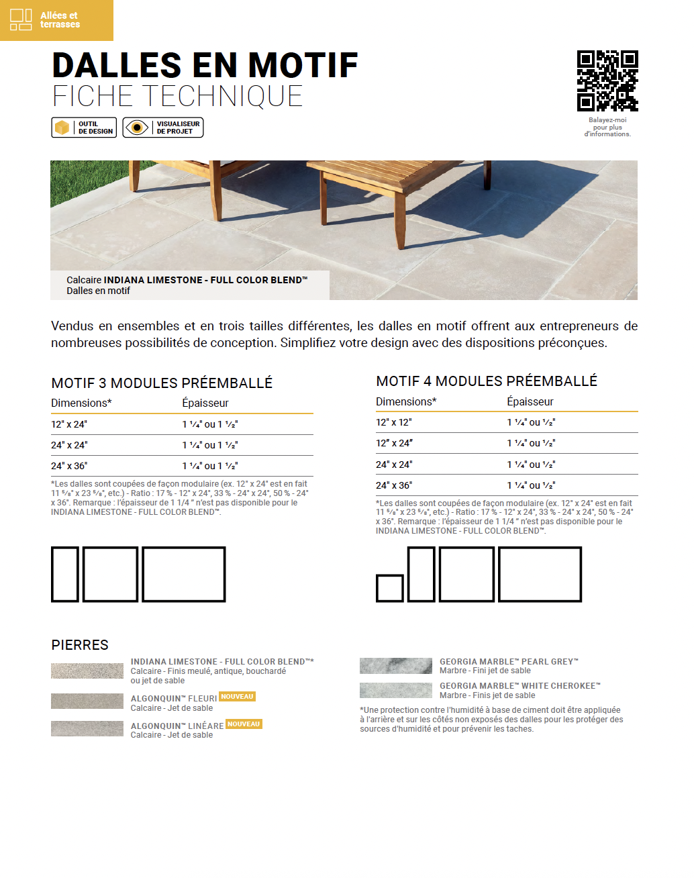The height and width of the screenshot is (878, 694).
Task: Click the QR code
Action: (x=607, y=81)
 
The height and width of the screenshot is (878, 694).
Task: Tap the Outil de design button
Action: (x=84, y=128)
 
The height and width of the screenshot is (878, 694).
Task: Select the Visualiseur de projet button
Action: (x=163, y=128)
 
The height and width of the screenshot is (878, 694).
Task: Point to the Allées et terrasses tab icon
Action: (x=21, y=20)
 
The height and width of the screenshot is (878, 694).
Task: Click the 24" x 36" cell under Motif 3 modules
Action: (x=69, y=466)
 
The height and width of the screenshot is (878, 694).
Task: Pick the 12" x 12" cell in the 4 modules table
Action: (x=394, y=422)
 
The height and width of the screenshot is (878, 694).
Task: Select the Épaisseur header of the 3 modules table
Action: (x=205, y=403)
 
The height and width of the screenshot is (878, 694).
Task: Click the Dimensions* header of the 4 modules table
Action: (x=406, y=401)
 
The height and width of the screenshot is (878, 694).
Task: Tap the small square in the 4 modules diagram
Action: (x=390, y=588)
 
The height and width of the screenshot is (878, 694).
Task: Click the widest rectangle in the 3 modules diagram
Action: (x=184, y=574)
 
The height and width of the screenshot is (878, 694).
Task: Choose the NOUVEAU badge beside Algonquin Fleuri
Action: (x=238, y=697)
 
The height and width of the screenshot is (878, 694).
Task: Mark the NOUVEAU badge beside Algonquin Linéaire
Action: (x=244, y=724)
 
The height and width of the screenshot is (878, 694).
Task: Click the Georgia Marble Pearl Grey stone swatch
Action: (x=396, y=666)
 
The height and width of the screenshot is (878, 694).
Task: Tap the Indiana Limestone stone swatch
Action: (x=87, y=671)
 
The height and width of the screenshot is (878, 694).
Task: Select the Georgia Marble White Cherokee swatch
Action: (x=396, y=690)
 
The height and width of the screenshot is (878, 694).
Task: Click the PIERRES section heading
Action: (x=80, y=645)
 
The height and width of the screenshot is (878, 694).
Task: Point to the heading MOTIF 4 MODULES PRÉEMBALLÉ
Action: (x=487, y=381)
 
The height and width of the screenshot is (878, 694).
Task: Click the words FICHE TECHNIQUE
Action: (x=178, y=97)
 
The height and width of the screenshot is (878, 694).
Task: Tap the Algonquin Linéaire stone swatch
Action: (x=87, y=728)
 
